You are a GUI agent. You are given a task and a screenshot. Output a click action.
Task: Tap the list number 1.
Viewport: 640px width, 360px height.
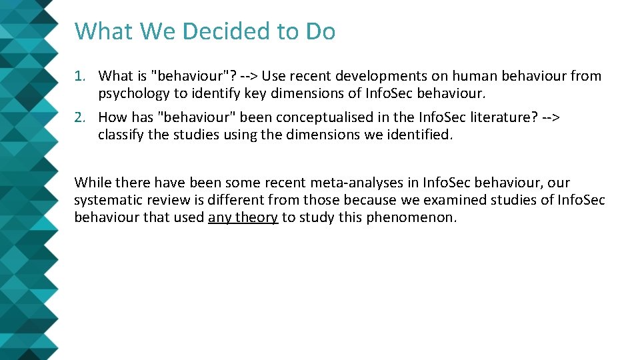79,77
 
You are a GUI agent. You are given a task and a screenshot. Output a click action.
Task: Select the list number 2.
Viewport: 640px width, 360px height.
79,118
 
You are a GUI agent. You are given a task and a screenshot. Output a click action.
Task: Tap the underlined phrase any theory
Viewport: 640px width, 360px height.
243,217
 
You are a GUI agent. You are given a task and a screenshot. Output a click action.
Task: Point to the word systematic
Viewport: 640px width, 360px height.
106,200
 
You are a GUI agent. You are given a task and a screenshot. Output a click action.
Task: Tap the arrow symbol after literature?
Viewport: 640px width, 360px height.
551,118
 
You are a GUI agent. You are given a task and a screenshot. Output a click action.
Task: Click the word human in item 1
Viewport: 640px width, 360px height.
467,77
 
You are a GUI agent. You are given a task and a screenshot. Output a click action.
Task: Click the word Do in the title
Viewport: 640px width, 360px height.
320,31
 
